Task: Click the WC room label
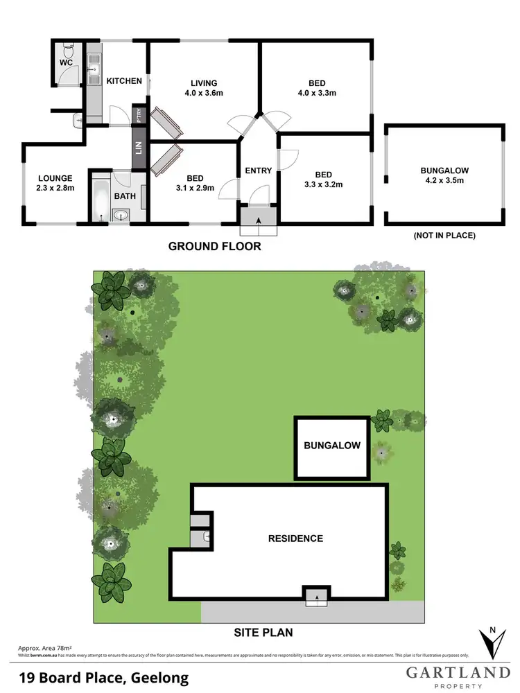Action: pyautogui.click(x=66, y=62)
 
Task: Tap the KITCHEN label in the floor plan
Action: pyautogui.click(x=124, y=81)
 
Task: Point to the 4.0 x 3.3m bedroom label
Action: pyautogui.click(x=317, y=88)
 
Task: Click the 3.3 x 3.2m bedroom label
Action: pyautogui.click(x=324, y=179)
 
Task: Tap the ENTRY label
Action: pyautogui.click(x=259, y=170)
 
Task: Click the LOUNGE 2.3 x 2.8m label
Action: pyautogui.click(x=55, y=183)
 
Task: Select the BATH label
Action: pyautogui.click(x=125, y=196)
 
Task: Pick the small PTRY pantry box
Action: pyautogui.click(x=140, y=114)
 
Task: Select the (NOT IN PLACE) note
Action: pyautogui.click(x=444, y=236)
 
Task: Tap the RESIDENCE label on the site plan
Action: pyautogui.click(x=296, y=538)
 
